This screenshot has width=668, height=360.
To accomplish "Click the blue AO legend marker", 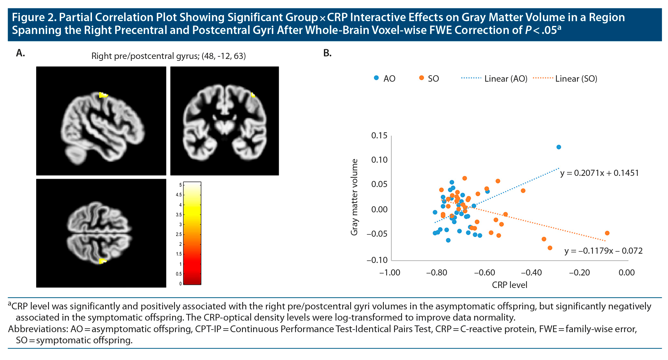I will coord(376,78).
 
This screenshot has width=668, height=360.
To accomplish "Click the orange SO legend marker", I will coord(422,78).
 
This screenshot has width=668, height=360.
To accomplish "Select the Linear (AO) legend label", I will coord(506,79).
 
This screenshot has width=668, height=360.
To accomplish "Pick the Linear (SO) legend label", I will coord(576,79).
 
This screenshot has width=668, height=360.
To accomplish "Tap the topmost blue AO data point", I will coord(559,147).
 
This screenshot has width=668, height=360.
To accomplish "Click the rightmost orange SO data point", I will coord(607,233).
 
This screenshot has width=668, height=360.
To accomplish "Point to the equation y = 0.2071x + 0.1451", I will coord(599,173).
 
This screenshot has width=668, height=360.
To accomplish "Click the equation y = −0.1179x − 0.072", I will coord(603,251).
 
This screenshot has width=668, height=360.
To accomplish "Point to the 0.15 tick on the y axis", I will coord(379,136).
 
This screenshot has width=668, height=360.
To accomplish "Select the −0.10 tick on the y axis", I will coord(377,260).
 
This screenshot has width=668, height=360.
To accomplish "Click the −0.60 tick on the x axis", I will coord(484,273).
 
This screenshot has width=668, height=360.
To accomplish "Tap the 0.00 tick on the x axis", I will coord(626,273).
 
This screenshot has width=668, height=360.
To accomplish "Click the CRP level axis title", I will coord(509,285).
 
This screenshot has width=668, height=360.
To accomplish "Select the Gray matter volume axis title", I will coord(354,197).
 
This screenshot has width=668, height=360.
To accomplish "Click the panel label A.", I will coord(21,53).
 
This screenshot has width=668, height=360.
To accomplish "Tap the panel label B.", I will coord(327,53).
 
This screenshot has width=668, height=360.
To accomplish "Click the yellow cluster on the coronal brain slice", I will coord(253,95).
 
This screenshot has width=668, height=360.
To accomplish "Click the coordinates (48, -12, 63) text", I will coord(224,56).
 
